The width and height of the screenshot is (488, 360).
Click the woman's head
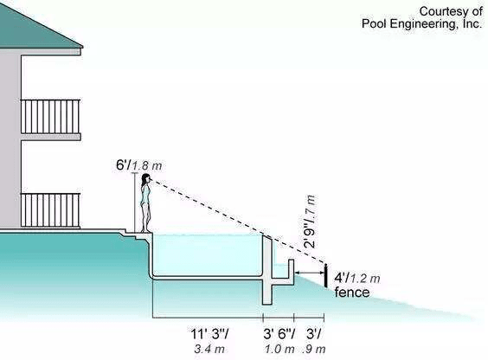[x=145, y=179]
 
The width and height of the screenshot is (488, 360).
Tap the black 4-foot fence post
[x=325, y=275]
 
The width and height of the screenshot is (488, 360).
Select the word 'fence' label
[x=352, y=292]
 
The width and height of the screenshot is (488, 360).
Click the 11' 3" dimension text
[x=209, y=334]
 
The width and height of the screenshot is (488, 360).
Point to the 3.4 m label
[x=209, y=349]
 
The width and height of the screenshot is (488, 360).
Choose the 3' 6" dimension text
[x=279, y=334]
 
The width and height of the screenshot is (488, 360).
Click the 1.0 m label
[x=279, y=349]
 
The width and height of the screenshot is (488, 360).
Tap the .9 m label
[x=314, y=349]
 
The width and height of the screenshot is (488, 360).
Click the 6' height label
[x=123, y=165]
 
